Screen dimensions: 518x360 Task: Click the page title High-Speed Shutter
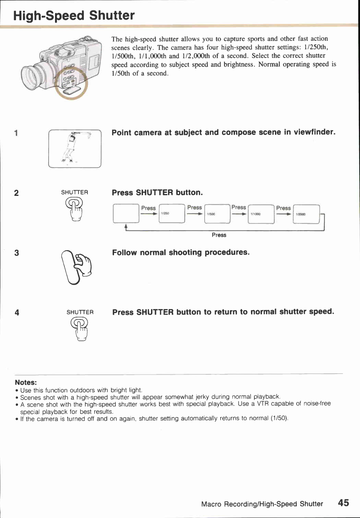point(74,16)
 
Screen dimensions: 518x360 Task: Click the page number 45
point(343,503)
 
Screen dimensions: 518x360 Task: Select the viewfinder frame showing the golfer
point(75,149)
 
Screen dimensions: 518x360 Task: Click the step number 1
point(16,133)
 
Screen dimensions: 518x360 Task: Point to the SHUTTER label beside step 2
point(75,192)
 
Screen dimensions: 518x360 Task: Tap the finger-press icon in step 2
point(75,209)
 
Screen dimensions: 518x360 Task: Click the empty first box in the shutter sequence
point(126,214)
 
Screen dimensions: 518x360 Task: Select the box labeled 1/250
point(172,214)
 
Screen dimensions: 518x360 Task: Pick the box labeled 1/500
point(217,214)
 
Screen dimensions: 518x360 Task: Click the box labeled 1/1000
point(261,214)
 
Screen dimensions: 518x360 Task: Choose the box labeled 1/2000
point(306,214)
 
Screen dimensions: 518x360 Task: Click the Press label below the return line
point(219,235)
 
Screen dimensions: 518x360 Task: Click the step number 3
point(17,253)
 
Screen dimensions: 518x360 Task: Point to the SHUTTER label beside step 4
point(80,312)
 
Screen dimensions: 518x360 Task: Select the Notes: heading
point(26,382)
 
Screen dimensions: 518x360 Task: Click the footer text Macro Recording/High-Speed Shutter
point(262,504)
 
